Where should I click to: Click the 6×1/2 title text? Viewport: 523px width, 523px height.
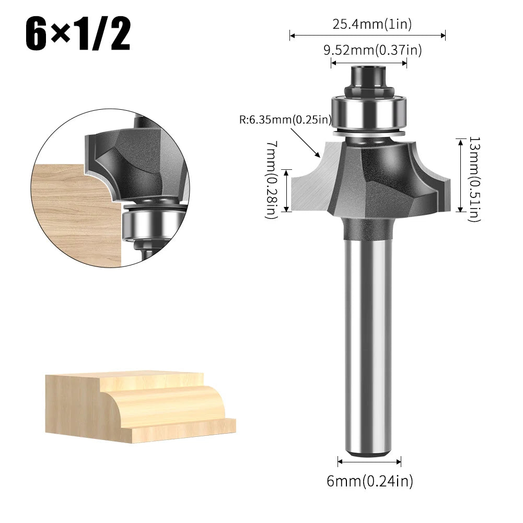[78, 34]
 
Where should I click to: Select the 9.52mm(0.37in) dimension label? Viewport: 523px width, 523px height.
[373, 50]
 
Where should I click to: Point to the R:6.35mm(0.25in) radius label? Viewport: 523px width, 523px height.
[285, 119]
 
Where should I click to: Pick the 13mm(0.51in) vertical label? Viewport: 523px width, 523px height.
[474, 179]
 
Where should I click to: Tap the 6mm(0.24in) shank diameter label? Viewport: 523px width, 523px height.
[370, 481]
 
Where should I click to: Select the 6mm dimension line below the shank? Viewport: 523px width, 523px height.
[369, 461]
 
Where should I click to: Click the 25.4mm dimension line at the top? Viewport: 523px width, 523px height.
[367, 36]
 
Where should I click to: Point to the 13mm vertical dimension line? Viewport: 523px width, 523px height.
[460, 175]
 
